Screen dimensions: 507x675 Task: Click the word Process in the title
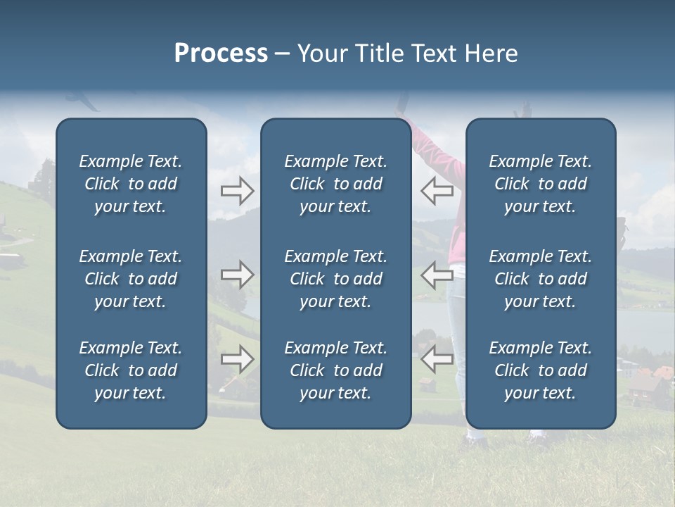click(221, 54)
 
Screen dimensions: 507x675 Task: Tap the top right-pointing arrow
click(238, 191)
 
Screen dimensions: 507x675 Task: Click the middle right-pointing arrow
click(238, 274)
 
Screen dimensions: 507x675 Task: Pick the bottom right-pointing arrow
click(238, 359)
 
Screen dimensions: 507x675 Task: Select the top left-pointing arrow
click(437, 191)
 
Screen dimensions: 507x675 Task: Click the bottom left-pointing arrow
click(437, 359)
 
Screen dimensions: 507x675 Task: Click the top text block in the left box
click(131, 184)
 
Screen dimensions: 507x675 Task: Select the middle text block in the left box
click(131, 279)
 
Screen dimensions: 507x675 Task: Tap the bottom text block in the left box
click(131, 370)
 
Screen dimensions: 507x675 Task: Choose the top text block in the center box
click(335, 184)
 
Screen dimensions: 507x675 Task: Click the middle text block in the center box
click(335, 279)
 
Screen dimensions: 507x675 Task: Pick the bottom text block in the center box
click(335, 370)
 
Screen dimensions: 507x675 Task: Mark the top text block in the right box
click(540, 184)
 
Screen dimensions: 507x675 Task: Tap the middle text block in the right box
click(540, 279)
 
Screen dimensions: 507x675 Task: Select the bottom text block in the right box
click(540, 370)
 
